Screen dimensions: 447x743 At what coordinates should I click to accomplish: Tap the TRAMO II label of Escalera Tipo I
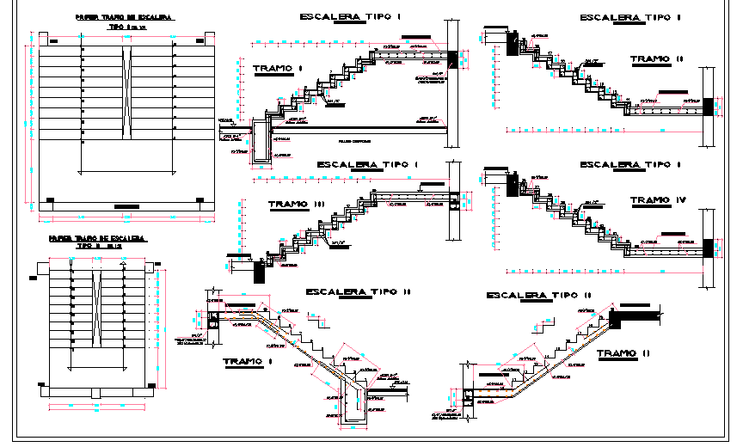pyautogui.click(x=656, y=59)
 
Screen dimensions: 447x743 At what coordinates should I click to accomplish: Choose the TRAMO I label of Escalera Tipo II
pyautogui.click(x=247, y=362)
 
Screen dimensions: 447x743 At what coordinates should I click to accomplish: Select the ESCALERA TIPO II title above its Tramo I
pyautogui.click(x=358, y=292)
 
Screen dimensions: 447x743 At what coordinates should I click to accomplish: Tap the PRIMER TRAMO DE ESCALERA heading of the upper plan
pyautogui.click(x=123, y=16)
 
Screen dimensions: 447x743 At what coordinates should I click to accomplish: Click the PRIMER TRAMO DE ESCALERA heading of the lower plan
pyautogui.click(x=96, y=237)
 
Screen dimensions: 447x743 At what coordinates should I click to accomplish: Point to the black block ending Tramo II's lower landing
pyautogui.click(x=708, y=107)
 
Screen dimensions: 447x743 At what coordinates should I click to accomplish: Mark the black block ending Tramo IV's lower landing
pyautogui.click(x=708, y=248)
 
